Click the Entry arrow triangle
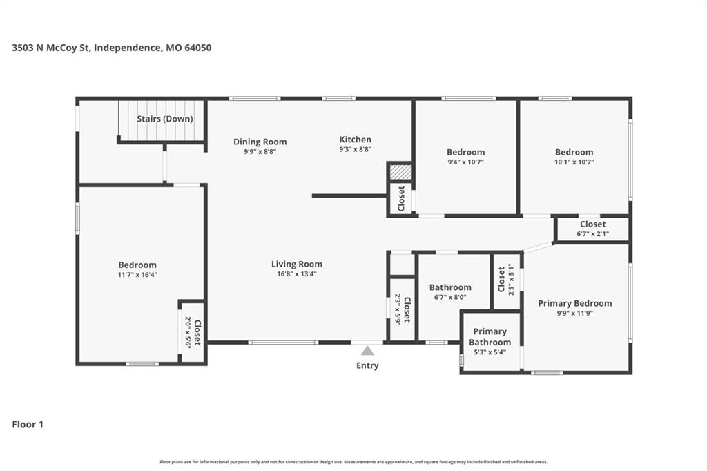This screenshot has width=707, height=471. click(x=367, y=351)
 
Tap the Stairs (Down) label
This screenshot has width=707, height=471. click(x=165, y=119)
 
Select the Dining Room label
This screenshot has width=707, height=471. click(x=260, y=142)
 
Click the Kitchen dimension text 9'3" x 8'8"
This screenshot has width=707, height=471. click(x=356, y=149)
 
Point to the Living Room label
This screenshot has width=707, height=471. click(x=297, y=264)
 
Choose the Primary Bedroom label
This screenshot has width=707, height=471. click(x=575, y=303)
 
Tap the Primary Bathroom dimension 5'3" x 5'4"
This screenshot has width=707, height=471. click(x=490, y=352)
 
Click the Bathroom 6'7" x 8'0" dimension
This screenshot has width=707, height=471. click(x=450, y=297)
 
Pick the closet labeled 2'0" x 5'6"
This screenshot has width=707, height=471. click(x=193, y=332)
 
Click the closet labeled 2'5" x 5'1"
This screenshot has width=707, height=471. click(x=506, y=279)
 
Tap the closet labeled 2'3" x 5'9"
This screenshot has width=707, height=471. click(x=402, y=309)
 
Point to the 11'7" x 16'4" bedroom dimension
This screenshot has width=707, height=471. click(x=137, y=274)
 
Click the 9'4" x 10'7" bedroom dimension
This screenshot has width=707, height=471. click(x=466, y=162)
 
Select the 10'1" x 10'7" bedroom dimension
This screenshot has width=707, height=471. click(x=574, y=162)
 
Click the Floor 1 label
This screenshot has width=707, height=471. click(x=28, y=424)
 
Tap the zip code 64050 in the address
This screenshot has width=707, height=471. click(x=198, y=48)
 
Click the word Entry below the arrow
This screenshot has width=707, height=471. click(x=367, y=365)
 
